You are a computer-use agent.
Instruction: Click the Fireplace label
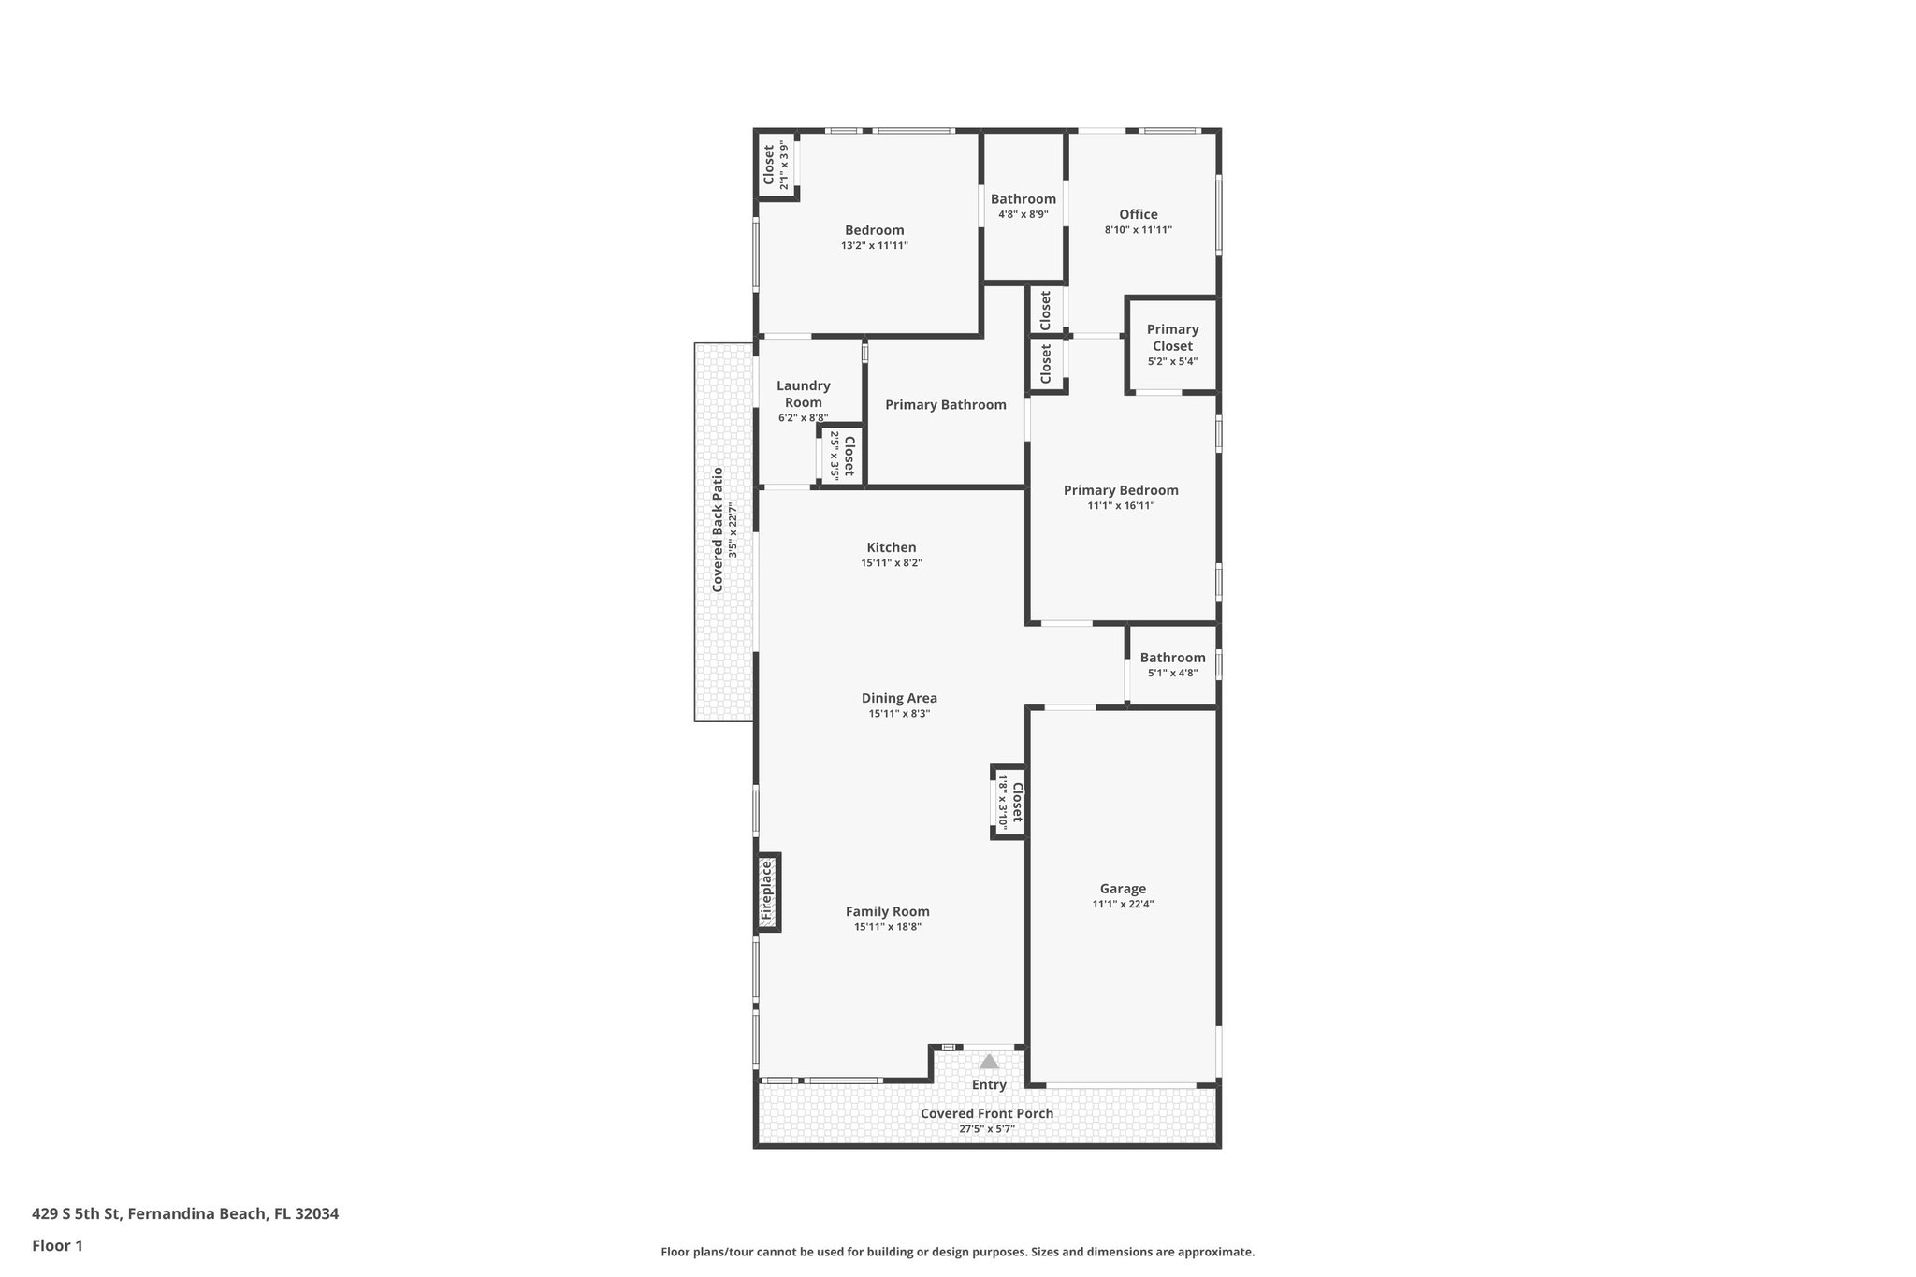(x=766, y=892)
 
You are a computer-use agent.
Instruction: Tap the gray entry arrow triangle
(x=989, y=1062)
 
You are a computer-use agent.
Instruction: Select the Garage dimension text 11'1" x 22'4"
(x=1123, y=905)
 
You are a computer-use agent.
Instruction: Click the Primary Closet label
(x=1172, y=338)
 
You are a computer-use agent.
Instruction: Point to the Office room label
(x=1139, y=214)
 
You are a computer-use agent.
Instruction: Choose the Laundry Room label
(x=804, y=394)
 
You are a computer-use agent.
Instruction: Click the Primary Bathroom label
(x=946, y=405)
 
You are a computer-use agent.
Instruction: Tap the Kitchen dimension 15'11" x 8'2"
(x=892, y=563)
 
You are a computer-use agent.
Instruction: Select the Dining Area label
(x=899, y=698)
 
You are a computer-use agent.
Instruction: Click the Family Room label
(x=888, y=911)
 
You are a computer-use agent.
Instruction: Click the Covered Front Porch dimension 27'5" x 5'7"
(x=987, y=1129)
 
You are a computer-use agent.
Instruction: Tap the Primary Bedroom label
(x=1121, y=490)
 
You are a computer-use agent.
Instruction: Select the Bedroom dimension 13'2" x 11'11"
(x=875, y=246)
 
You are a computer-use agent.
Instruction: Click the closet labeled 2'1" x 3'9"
(x=776, y=166)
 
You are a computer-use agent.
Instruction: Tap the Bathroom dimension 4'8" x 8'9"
(x=1023, y=214)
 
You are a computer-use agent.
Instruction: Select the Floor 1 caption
(x=58, y=1245)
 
